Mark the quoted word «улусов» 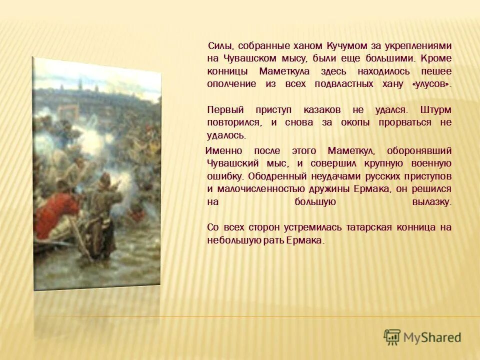[x=431, y=84]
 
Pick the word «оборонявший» [x=423, y=150]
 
